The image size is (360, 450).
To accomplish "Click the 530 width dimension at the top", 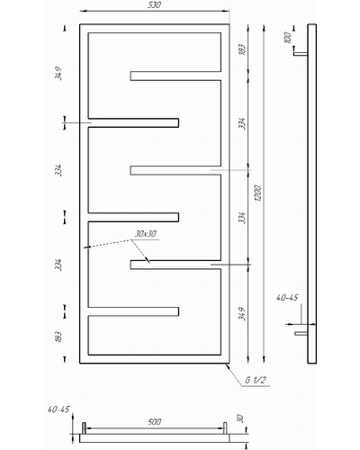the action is [x=155, y=5].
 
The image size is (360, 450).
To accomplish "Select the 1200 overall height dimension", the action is [x=258, y=193].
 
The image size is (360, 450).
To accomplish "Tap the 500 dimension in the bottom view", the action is [x=155, y=422].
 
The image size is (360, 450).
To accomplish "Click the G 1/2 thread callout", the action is [x=256, y=380].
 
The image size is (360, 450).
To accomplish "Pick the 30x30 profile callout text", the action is [x=146, y=234].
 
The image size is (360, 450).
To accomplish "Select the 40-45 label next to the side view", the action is [x=287, y=297].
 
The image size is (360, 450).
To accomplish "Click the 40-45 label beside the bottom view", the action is [x=58, y=409].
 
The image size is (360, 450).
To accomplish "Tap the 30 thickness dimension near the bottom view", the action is [x=240, y=418].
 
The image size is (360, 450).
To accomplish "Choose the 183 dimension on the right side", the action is [x=242, y=49].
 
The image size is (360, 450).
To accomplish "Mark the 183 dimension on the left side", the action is [x=58, y=337].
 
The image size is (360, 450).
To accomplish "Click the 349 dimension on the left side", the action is [x=58, y=73].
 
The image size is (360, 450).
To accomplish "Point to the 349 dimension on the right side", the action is [x=242, y=313].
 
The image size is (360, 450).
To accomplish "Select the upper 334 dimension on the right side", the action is [x=242, y=123].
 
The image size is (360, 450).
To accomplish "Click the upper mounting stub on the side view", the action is [x=301, y=54].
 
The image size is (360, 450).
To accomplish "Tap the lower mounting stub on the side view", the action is [x=301, y=333].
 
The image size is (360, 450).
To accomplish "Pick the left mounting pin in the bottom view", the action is [x=84, y=428].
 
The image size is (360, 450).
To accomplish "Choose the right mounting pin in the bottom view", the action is [x=225, y=428].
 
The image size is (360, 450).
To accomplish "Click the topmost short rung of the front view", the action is [x=175, y=76].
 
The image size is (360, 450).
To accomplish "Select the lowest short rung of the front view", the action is [x=133, y=311].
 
